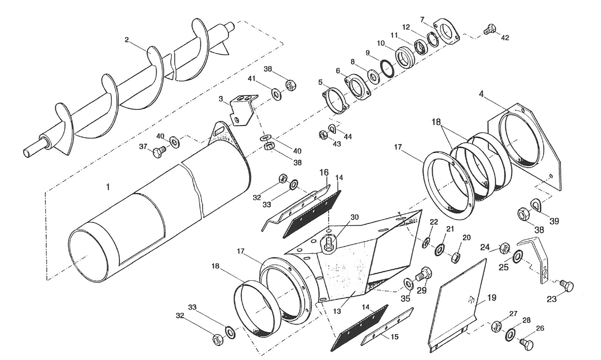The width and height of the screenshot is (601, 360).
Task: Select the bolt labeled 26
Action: pos(527,344)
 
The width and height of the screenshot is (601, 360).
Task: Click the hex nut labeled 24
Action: pos(504,247)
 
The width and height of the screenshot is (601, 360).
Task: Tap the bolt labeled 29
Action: pos(423,274)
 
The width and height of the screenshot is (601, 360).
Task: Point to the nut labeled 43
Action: pos(323,135)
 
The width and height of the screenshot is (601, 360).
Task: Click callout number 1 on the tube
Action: pos(108,187)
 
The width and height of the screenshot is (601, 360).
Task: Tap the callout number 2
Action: pos(127,40)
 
